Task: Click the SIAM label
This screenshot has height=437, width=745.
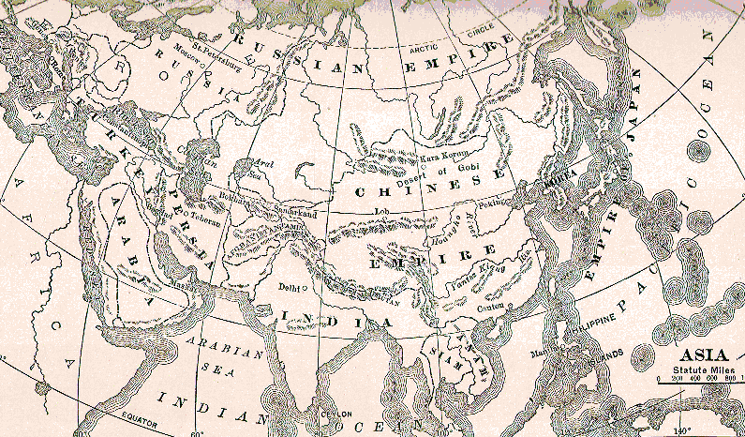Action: click(x=435, y=351)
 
